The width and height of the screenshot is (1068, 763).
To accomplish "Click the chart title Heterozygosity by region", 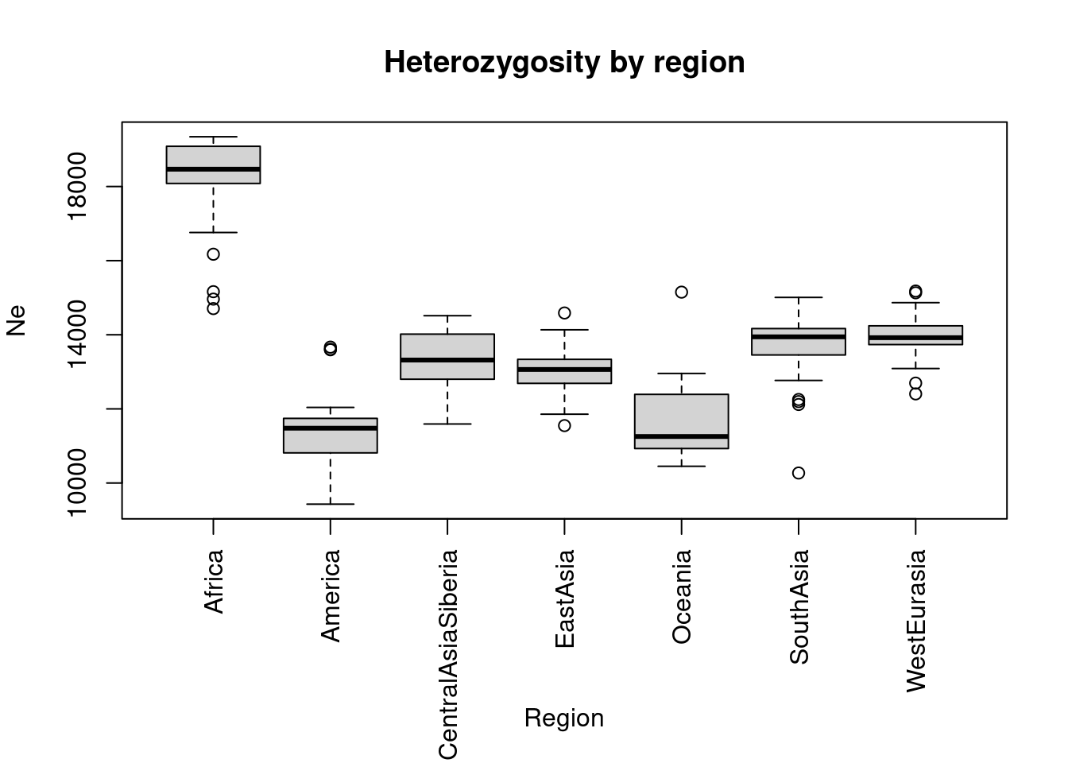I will pyautogui.click(x=564, y=62).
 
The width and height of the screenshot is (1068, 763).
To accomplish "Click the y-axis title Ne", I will pyautogui.click(x=17, y=320).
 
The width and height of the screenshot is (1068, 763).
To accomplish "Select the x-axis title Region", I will pyautogui.click(x=563, y=718).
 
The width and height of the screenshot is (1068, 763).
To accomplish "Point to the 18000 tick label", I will pyautogui.click(x=77, y=187).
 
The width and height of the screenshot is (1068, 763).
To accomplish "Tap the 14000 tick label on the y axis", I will pyautogui.click(x=77, y=335).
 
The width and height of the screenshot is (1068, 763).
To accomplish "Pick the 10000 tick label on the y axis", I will pyautogui.click(x=77, y=482).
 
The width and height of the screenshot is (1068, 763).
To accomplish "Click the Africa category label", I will pyautogui.click(x=214, y=581).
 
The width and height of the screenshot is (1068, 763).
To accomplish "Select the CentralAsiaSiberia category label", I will pyautogui.click(x=448, y=653).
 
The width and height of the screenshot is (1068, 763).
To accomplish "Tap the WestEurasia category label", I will pyautogui.click(x=915, y=620).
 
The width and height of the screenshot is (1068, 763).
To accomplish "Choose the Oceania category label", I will pyautogui.click(x=682, y=596).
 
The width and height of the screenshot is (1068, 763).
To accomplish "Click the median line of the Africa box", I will pyautogui.click(x=213, y=169).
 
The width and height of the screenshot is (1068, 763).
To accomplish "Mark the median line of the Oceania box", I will pyautogui.click(x=682, y=436).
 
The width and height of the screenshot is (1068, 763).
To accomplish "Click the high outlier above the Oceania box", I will pyautogui.click(x=682, y=292).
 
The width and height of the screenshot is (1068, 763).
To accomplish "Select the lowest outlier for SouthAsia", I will pyautogui.click(x=799, y=473).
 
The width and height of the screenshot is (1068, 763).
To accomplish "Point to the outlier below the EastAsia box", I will pyautogui.click(x=564, y=425).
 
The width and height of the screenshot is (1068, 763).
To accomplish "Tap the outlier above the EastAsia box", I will pyautogui.click(x=564, y=313).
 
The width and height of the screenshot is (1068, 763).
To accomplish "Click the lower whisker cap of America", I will pyautogui.click(x=331, y=504).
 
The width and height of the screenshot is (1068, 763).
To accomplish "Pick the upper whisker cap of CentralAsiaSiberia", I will pyautogui.click(x=447, y=316).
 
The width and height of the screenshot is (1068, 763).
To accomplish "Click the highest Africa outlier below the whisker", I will pyautogui.click(x=213, y=254).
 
